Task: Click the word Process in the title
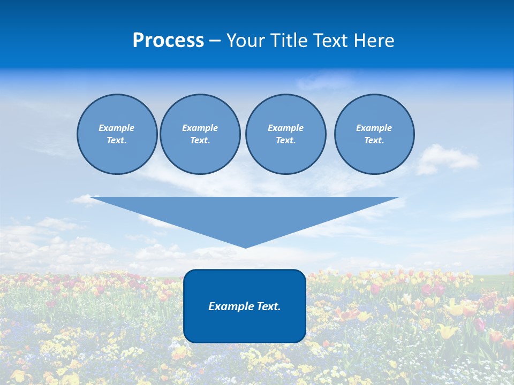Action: point(168,41)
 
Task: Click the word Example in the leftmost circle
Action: point(117,128)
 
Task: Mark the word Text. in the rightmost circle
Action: point(374,141)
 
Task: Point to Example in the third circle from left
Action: point(285,128)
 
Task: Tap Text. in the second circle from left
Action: point(200,141)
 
